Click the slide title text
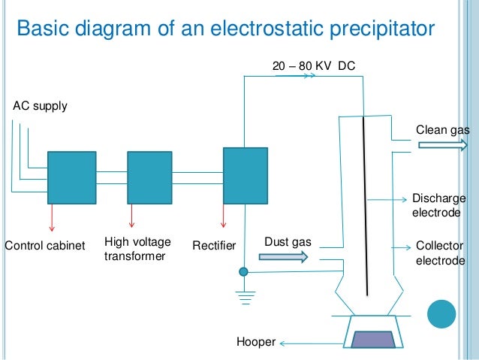[x=225, y=30]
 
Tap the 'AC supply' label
[x=40, y=106]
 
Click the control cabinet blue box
[x=71, y=177]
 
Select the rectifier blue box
[x=245, y=175]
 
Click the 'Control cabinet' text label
[x=45, y=246]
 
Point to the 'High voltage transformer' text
[x=137, y=250]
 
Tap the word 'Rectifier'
[x=214, y=246]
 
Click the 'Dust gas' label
[x=288, y=242]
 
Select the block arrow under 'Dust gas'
[x=283, y=257]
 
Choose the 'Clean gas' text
[x=442, y=130]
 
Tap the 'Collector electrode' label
[x=440, y=253]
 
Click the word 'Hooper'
[x=256, y=343]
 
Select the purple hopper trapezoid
[x=372, y=340]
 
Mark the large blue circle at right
[x=441, y=315]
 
